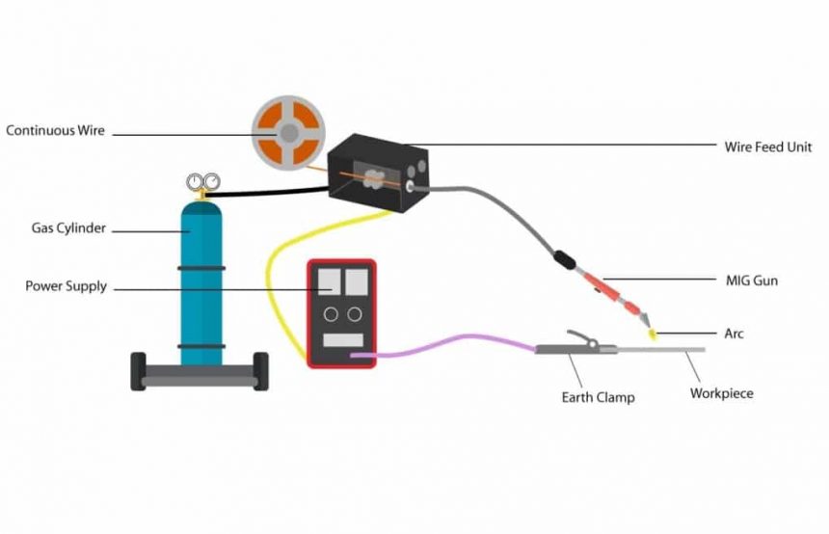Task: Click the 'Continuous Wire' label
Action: (55, 130)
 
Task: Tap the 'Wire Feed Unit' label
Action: (767, 147)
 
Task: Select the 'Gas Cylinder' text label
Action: (67, 229)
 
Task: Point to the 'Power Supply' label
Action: (66, 286)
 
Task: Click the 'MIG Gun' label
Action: (751, 281)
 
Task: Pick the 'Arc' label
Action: (734, 334)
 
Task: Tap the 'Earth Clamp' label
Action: (598, 396)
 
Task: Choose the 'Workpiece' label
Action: (721, 393)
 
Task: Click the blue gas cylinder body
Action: (202, 289)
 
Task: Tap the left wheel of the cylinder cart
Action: (140, 371)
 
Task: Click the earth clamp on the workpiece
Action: (576, 345)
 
